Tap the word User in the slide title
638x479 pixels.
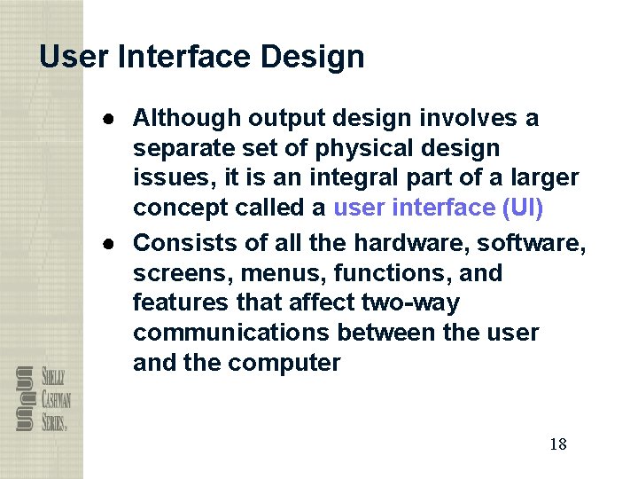74,58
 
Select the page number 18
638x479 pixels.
557,444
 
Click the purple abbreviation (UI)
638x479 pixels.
523,208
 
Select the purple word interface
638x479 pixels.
440,208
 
